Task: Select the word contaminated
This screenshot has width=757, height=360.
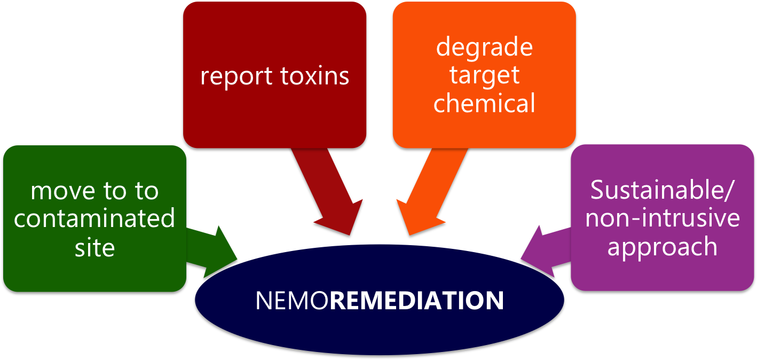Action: pos(94,219)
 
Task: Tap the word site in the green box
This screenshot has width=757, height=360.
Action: pos(94,247)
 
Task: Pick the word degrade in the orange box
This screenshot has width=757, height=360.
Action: pos(484,47)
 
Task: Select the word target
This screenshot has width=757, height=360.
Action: pos(484,75)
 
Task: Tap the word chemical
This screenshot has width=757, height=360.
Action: pos(484,103)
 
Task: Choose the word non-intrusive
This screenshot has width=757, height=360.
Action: pos(663,219)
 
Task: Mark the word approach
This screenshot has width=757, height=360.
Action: pos(663,247)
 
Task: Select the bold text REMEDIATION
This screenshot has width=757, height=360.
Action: pos(416,301)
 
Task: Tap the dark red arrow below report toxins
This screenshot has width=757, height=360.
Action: pos(326,192)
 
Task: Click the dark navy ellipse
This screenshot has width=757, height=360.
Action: pos(380,326)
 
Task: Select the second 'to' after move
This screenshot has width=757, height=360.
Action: pos(146,191)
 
